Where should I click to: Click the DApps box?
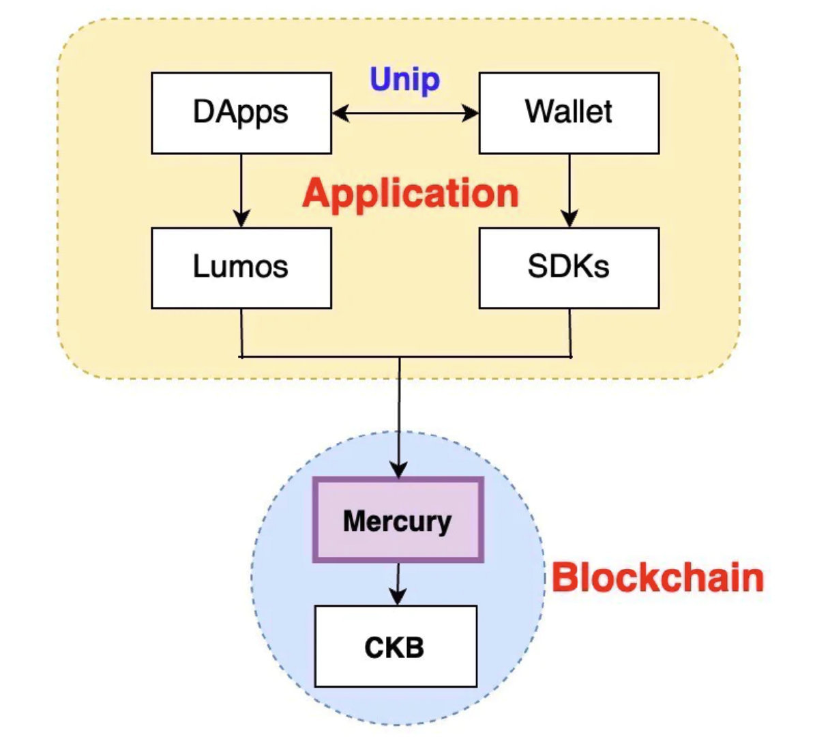tap(241, 113)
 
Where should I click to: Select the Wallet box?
tap(569, 113)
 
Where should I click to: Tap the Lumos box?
tap(241, 268)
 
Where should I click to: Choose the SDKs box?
tap(569, 268)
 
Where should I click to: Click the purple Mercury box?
tap(398, 521)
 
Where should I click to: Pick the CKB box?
tap(395, 646)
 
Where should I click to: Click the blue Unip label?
tap(404, 80)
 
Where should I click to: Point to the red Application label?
tap(411, 193)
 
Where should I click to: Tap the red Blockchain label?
tap(657, 577)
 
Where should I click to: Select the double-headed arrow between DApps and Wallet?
tap(405, 113)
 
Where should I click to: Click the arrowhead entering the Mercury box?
tap(399, 469)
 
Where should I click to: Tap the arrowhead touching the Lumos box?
tap(241, 219)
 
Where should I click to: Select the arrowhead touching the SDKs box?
tap(569, 219)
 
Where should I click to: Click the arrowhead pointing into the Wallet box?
tap(471, 113)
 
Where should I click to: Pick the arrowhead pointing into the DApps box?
tap(340, 113)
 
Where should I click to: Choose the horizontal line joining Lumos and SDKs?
tap(405, 356)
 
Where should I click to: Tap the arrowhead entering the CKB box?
tap(397, 597)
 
